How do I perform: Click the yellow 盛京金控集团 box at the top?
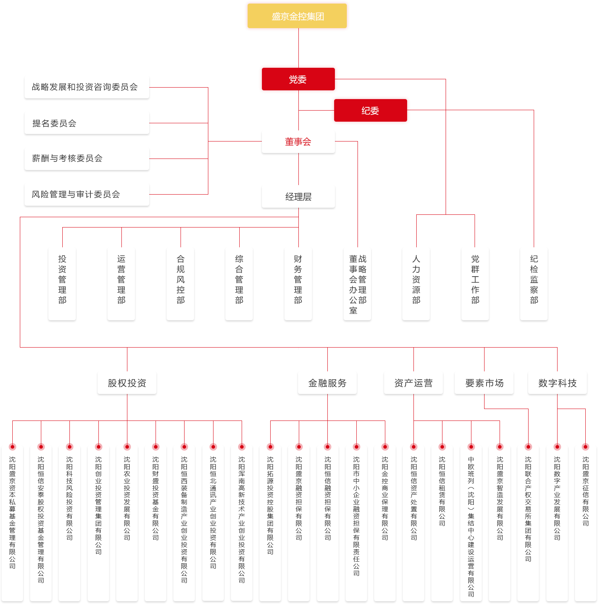pos(297,16)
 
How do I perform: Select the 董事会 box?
pos(298,142)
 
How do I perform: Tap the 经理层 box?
pos(298,197)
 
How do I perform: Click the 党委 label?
pos(298,80)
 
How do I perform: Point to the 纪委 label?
pos(370,111)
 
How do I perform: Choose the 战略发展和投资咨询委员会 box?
pos(87,87)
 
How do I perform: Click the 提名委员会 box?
pos(87,123)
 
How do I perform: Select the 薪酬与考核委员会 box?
pos(87,159)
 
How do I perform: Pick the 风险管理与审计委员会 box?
pos(87,194)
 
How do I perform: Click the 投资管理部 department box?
pos(62,283)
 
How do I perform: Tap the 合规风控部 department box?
pos(181,283)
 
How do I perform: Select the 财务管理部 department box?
pos(298,283)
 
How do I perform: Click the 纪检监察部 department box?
pos(534,283)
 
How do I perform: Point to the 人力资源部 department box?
pos(416,283)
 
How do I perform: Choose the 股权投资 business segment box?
pos(127,383)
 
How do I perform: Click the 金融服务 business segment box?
pos(327,383)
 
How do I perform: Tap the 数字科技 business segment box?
pos(557,383)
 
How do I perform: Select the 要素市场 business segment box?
pos(484,383)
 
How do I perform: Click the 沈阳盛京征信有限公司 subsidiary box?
pos(585,515)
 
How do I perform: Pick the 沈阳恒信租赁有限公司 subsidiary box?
pos(442,515)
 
